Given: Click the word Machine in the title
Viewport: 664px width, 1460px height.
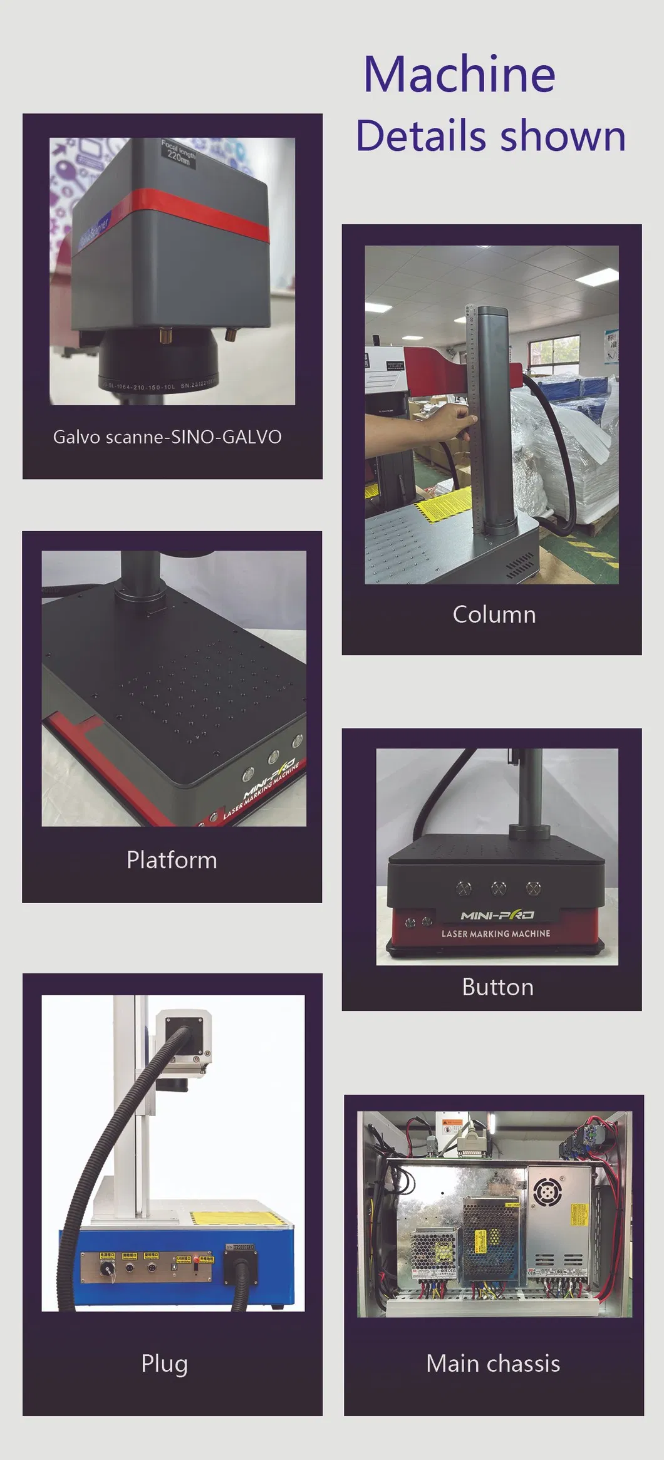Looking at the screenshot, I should tap(459, 75).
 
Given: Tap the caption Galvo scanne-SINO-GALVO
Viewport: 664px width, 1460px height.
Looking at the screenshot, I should tap(167, 437).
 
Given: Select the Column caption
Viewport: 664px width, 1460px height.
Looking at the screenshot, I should tap(494, 614).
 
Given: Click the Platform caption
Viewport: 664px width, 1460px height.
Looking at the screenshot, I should tap(172, 860).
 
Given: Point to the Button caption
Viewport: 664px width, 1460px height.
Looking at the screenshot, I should tap(497, 987).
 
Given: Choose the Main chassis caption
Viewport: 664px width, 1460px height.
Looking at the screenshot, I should tap(493, 1364).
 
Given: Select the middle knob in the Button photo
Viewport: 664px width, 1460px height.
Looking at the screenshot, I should tap(499, 888).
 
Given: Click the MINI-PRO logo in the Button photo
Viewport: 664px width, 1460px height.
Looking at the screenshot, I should tap(497, 915).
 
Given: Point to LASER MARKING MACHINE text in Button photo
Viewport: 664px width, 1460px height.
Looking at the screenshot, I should tap(495, 933).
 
